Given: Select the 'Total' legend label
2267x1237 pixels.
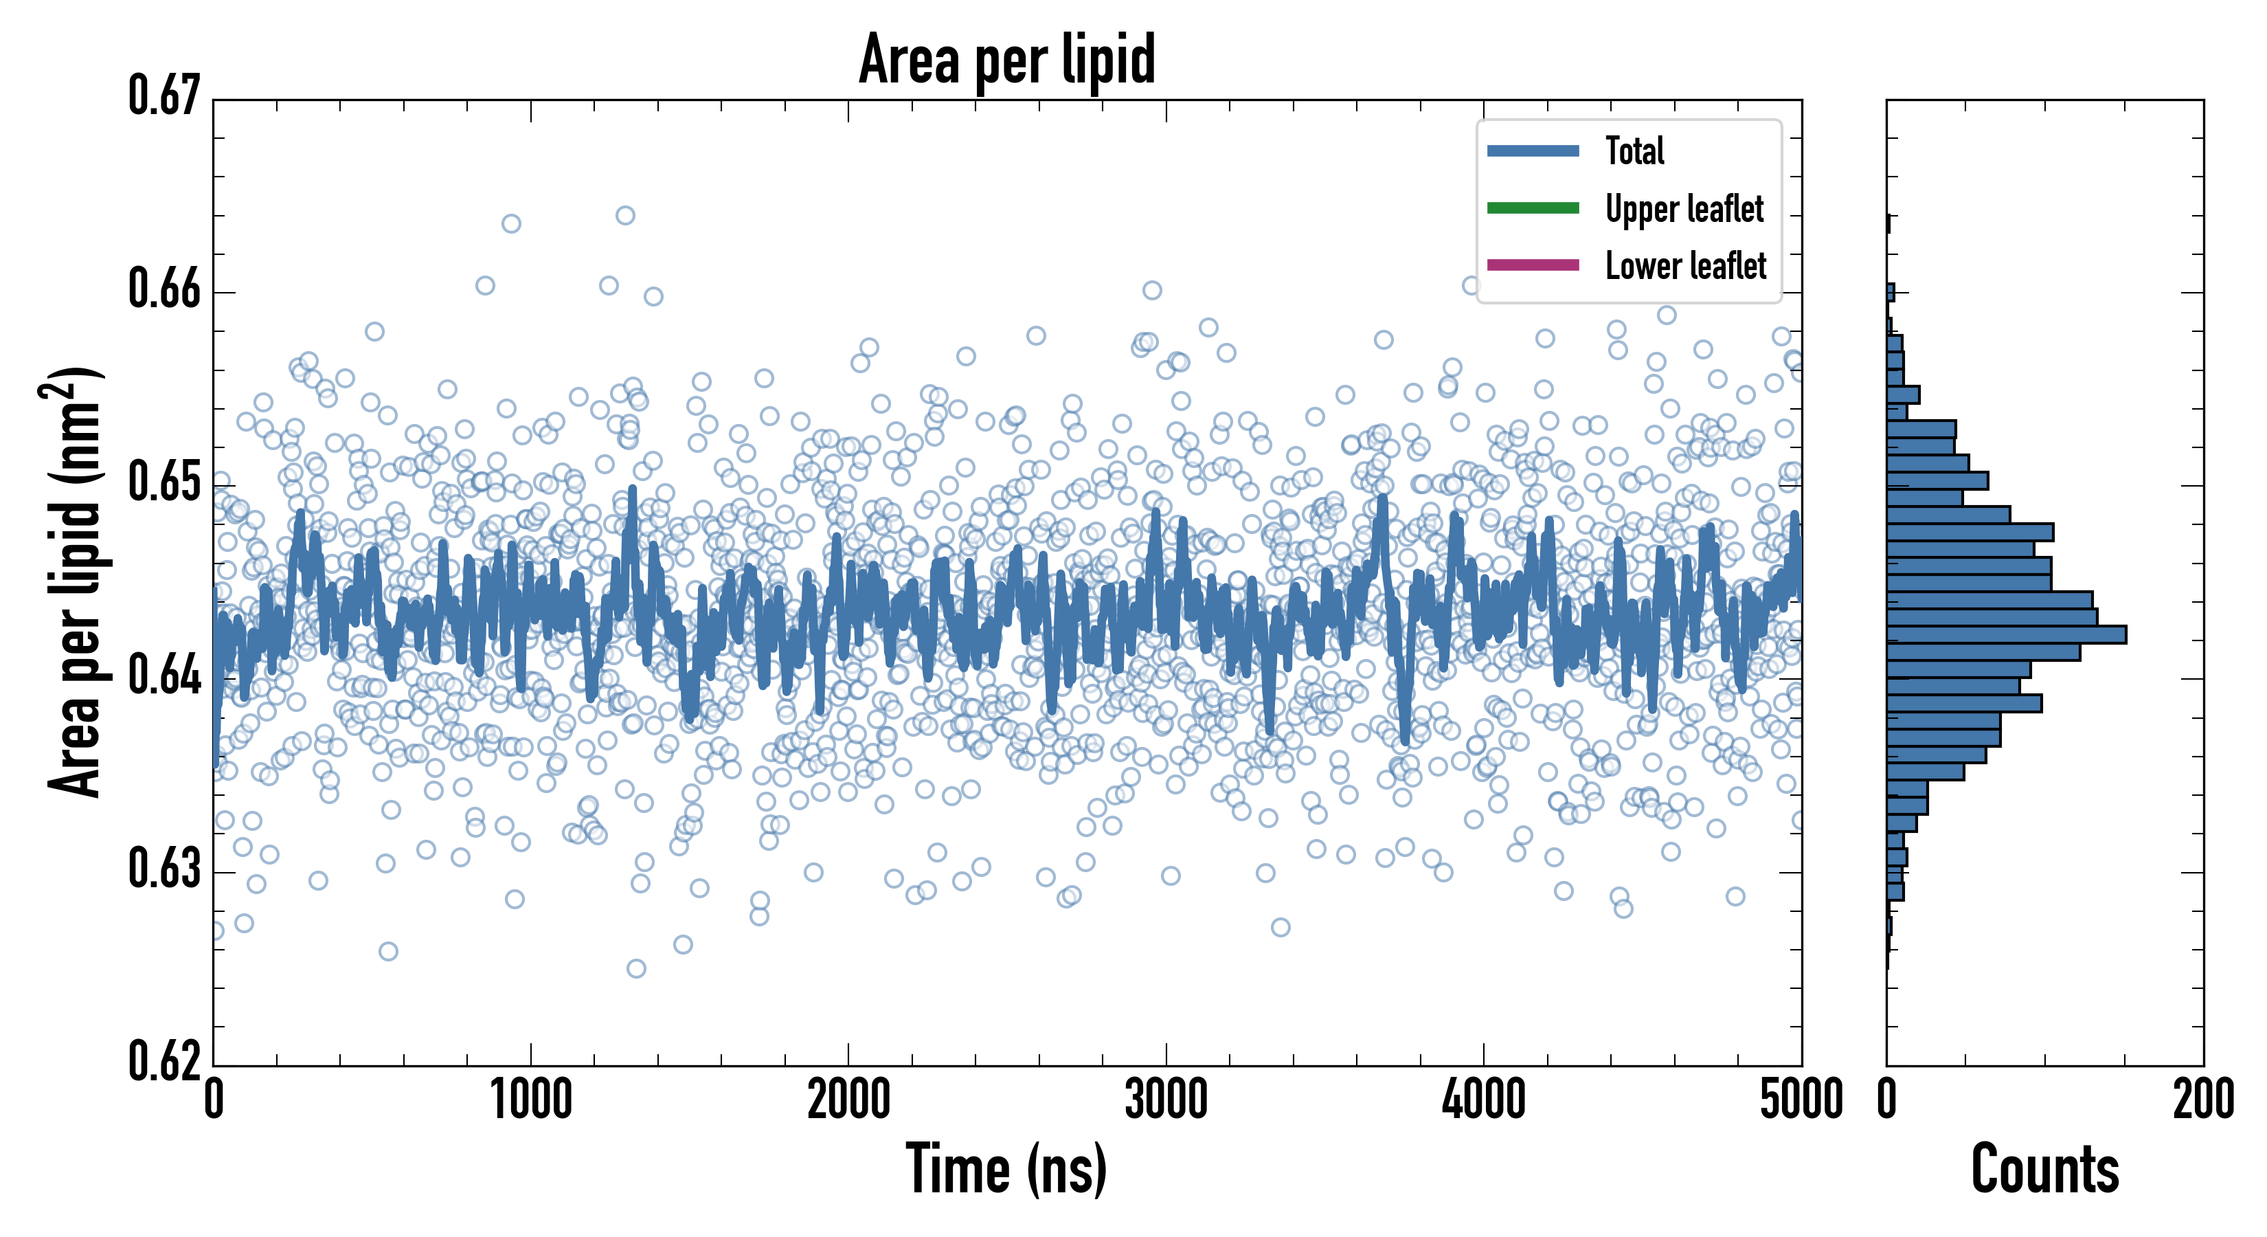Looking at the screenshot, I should coord(1634,151).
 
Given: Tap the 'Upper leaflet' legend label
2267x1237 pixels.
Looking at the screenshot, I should coord(1684,209).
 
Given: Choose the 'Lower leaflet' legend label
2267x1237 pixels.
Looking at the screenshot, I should coord(1685,265).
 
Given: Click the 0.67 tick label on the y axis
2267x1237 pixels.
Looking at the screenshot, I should coord(165,96).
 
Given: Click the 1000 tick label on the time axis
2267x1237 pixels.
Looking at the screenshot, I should coord(530,1100).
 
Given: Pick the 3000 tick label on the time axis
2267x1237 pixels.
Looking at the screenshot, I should coord(1166,1100).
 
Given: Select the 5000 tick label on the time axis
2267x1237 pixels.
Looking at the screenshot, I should coord(1801,1100).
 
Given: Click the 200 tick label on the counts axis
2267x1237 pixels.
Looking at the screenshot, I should coord(2202,1100).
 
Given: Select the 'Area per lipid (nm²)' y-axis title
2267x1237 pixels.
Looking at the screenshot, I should coord(74,581).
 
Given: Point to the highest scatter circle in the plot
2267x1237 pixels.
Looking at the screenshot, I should coord(625,216).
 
